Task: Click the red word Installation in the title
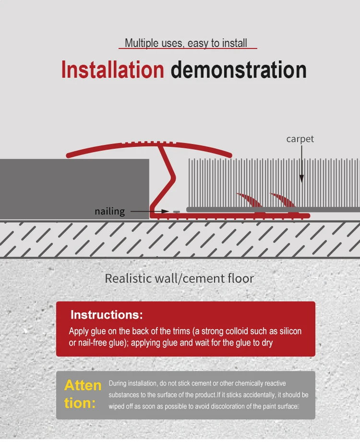click(x=112, y=70)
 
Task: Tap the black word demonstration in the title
click(x=239, y=70)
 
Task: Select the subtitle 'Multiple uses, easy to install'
click(x=186, y=43)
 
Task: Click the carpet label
click(x=300, y=139)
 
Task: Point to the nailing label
click(x=109, y=211)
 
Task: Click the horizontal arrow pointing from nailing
click(x=149, y=211)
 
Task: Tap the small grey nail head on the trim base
click(x=176, y=211)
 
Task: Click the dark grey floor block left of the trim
click(x=74, y=189)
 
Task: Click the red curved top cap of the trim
click(x=149, y=145)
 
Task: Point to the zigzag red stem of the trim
click(x=166, y=178)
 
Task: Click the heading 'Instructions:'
click(x=107, y=315)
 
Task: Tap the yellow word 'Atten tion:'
click(x=83, y=394)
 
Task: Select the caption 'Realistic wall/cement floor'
click(x=180, y=278)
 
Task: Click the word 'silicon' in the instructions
click(x=288, y=332)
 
